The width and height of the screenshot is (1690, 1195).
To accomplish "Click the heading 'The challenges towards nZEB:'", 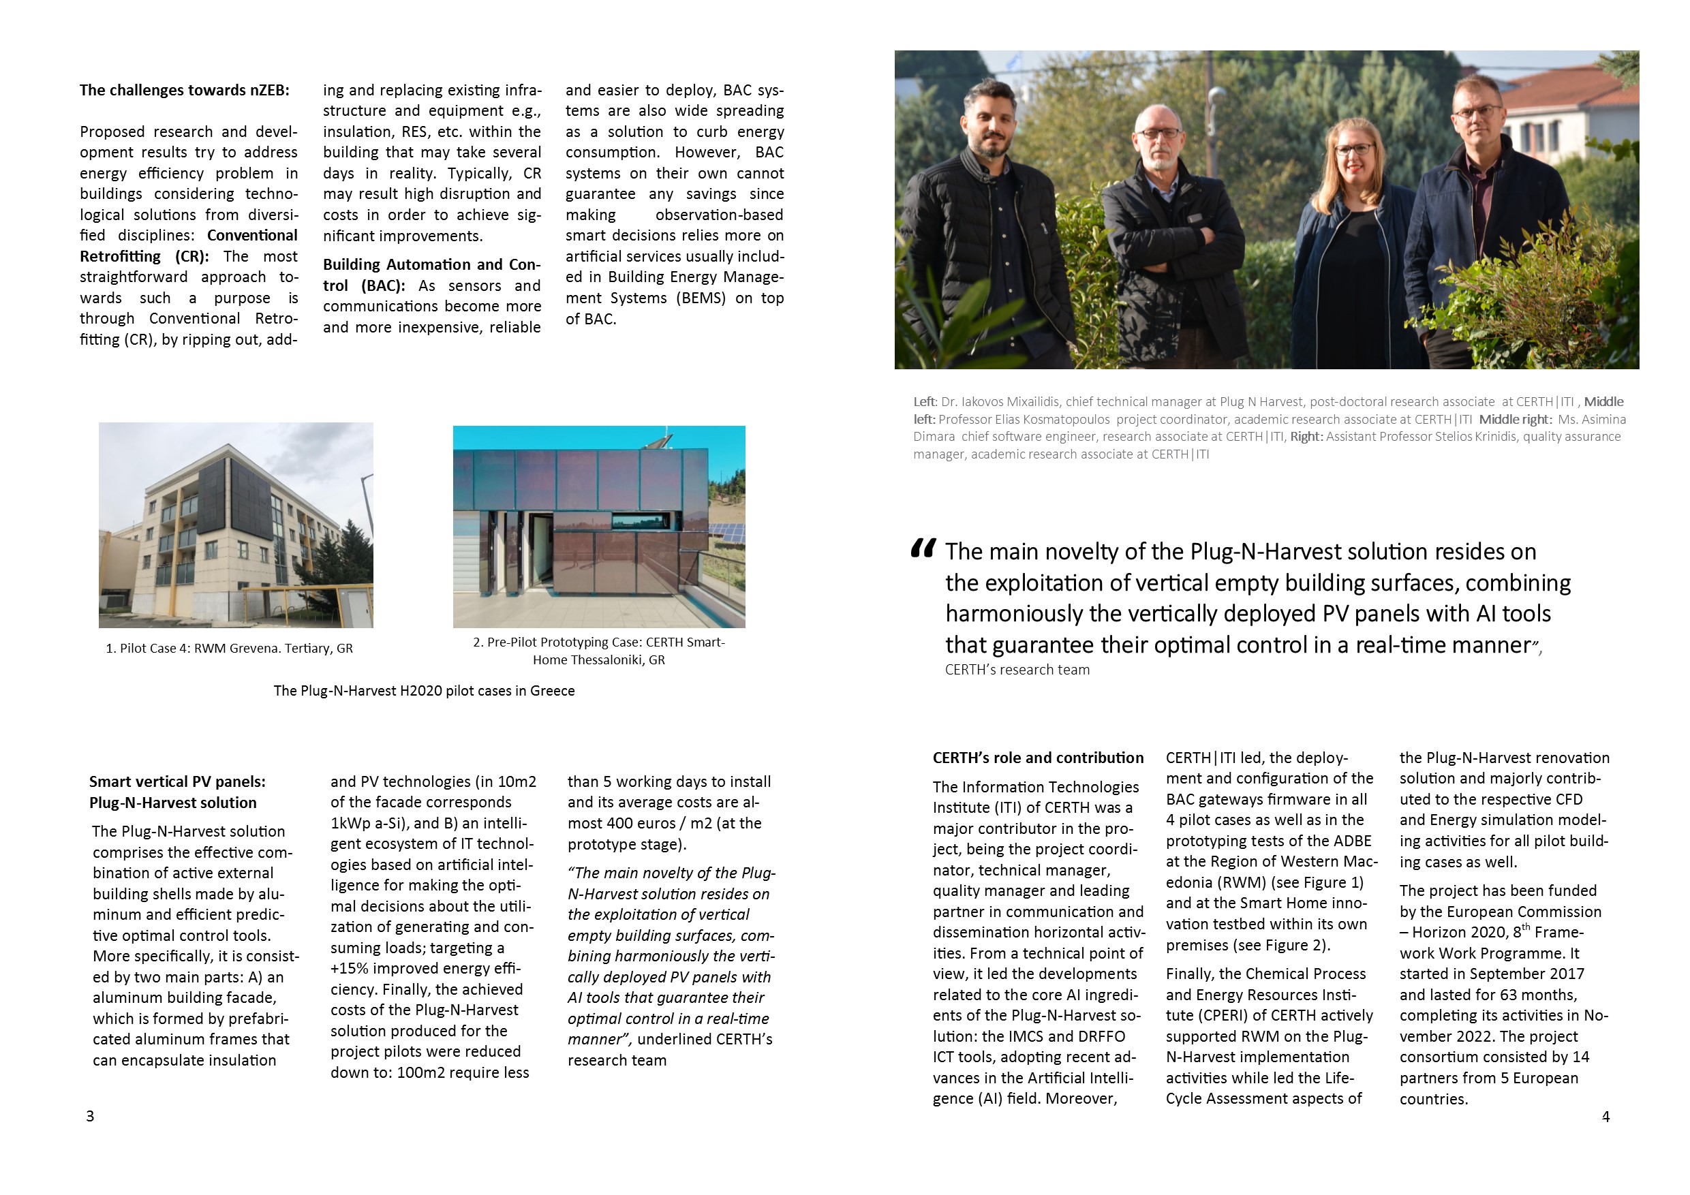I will pos(184,91).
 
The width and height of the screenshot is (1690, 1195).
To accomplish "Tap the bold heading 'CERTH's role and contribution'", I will pos(1038,758).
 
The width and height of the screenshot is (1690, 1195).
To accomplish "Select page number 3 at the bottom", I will pos(91,1116).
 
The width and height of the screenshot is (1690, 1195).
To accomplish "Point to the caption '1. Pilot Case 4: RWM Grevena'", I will pos(229,649).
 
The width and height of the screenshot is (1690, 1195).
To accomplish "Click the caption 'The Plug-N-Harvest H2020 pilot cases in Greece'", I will pos(424,691).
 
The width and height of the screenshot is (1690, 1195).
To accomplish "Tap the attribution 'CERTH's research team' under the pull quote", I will pos(1017,670).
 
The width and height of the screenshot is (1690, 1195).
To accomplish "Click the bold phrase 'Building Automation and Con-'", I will pos(431,265).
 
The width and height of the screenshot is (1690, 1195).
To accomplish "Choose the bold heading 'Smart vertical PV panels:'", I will pos(177,781).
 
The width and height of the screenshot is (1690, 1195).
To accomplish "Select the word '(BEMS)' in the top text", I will pos(696,298).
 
